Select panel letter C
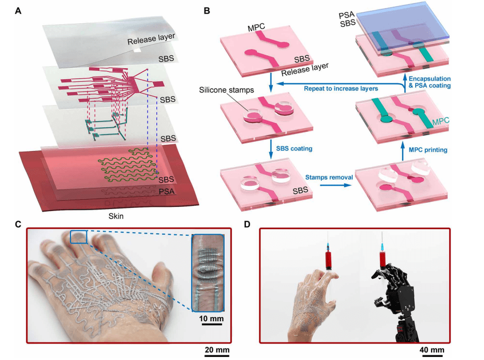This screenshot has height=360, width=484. coord(19,224)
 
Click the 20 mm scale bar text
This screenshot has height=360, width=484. coord(215,351)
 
